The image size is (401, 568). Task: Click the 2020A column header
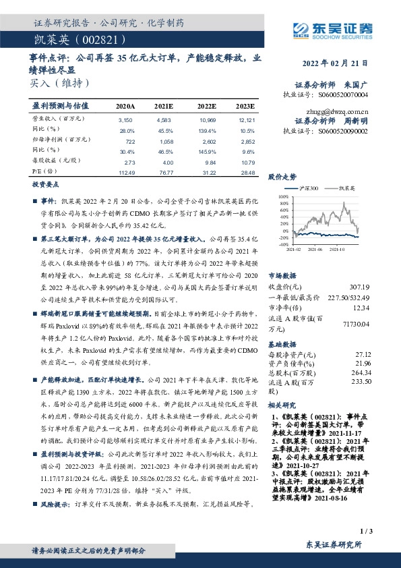(125, 107)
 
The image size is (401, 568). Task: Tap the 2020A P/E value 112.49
(126, 172)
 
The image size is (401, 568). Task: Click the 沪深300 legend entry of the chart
(309, 190)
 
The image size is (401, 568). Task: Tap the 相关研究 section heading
(282, 407)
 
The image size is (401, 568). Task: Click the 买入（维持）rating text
(59, 83)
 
